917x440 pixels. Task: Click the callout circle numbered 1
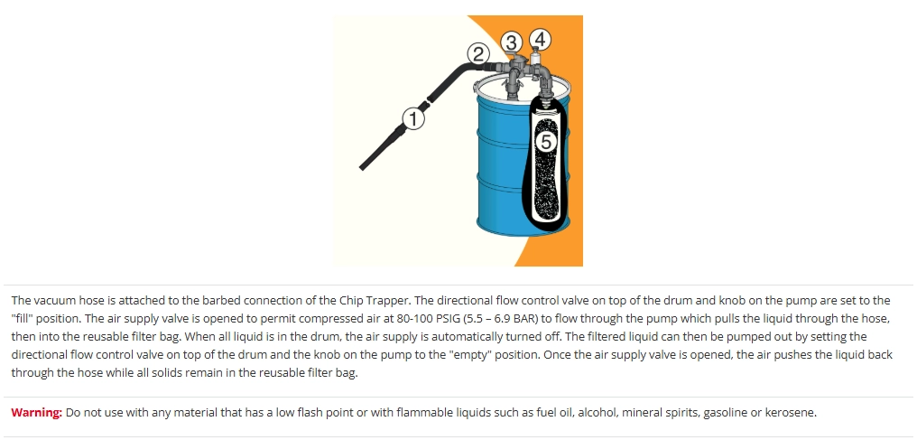413,119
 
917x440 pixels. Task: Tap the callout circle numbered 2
478,54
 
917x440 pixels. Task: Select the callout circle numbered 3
512,42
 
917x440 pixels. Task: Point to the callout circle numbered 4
540,39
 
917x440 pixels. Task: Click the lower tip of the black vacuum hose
362,168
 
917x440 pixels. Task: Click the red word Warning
36,413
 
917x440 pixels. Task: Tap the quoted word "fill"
23,319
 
